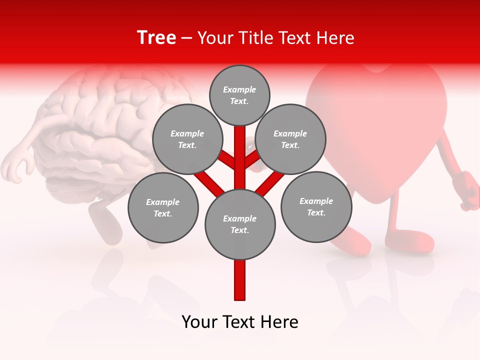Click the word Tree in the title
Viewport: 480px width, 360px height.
[x=156, y=38]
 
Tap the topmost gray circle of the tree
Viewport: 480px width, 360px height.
[x=239, y=95]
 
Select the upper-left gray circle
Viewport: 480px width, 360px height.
[x=187, y=139]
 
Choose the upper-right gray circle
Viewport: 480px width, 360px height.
[x=290, y=139]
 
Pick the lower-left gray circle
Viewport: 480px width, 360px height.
[x=163, y=207]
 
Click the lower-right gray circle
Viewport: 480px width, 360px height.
[x=316, y=206]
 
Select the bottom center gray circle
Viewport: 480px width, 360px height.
[x=240, y=224]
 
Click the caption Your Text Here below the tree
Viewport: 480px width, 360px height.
[x=240, y=322]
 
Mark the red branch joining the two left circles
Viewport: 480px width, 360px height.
[x=208, y=180]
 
